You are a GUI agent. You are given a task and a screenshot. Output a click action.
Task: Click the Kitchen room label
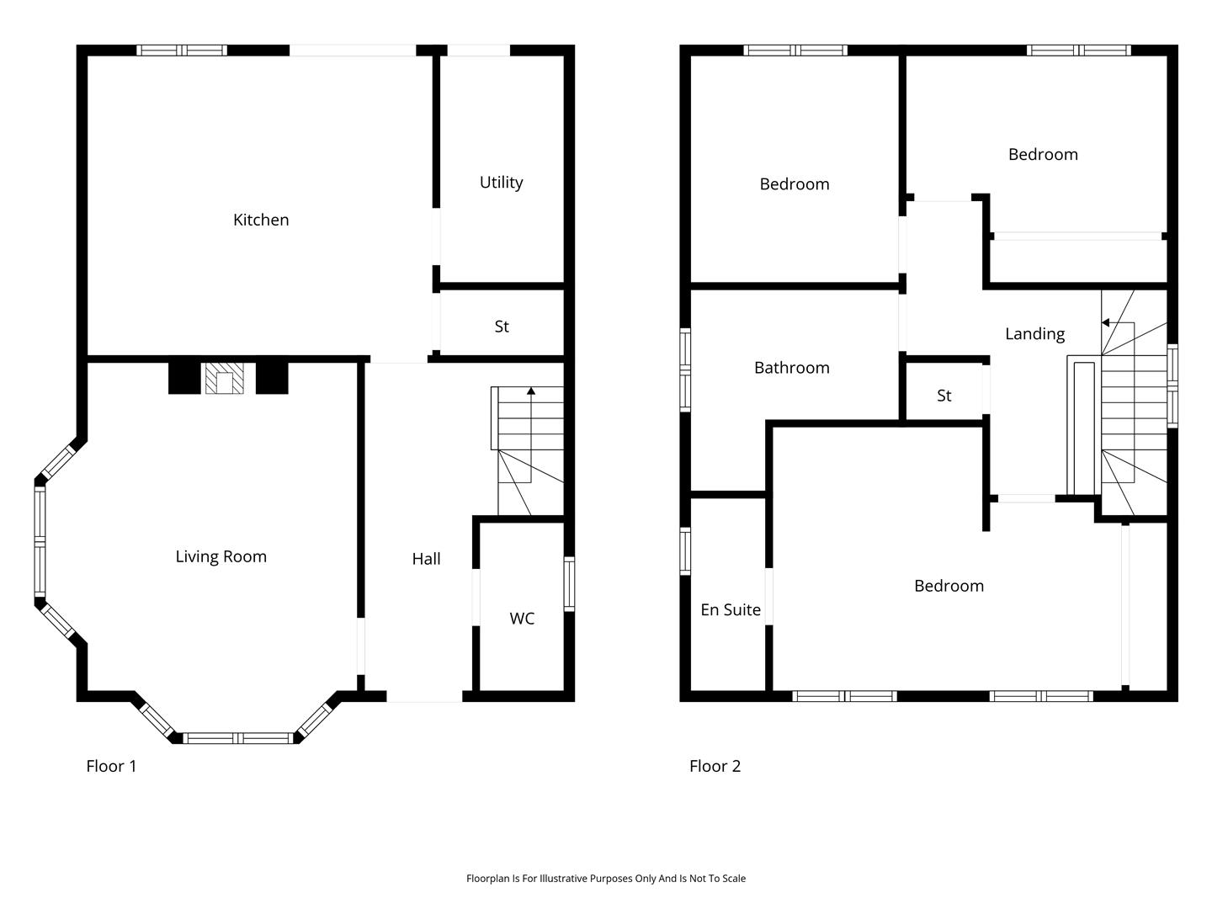[x=261, y=220]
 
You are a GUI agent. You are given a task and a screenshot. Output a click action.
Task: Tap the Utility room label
[x=501, y=182]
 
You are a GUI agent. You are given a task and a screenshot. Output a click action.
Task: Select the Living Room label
[x=221, y=556]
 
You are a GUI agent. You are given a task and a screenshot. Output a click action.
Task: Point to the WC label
[x=522, y=618]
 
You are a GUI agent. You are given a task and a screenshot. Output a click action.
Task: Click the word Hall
[x=426, y=559]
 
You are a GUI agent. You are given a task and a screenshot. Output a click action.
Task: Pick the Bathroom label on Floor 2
[x=791, y=368]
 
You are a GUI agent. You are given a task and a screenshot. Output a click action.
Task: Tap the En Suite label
[x=730, y=609]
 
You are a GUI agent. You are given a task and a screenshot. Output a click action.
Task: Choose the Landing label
[x=1034, y=334]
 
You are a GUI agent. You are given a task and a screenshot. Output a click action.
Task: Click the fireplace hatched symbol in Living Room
[x=224, y=378]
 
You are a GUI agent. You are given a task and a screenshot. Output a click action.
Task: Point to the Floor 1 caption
[x=111, y=766]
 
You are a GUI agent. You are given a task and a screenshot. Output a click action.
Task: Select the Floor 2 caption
[x=715, y=766]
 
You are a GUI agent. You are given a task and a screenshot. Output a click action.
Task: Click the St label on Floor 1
[x=502, y=327]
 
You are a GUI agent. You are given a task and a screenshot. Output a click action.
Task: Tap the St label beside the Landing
[x=944, y=396]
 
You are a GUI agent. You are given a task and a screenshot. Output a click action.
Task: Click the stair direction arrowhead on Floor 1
[x=530, y=391]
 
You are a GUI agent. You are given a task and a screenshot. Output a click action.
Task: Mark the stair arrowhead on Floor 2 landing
[x=1105, y=323]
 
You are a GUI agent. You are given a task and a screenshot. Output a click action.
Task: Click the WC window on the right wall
[x=569, y=584]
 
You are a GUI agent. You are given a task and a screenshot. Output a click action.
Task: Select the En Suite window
[x=684, y=550]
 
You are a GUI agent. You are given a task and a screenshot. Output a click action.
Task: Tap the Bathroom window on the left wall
[x=684, y=369]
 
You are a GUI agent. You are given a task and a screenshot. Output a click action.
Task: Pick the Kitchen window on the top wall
[x=182, y=50]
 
